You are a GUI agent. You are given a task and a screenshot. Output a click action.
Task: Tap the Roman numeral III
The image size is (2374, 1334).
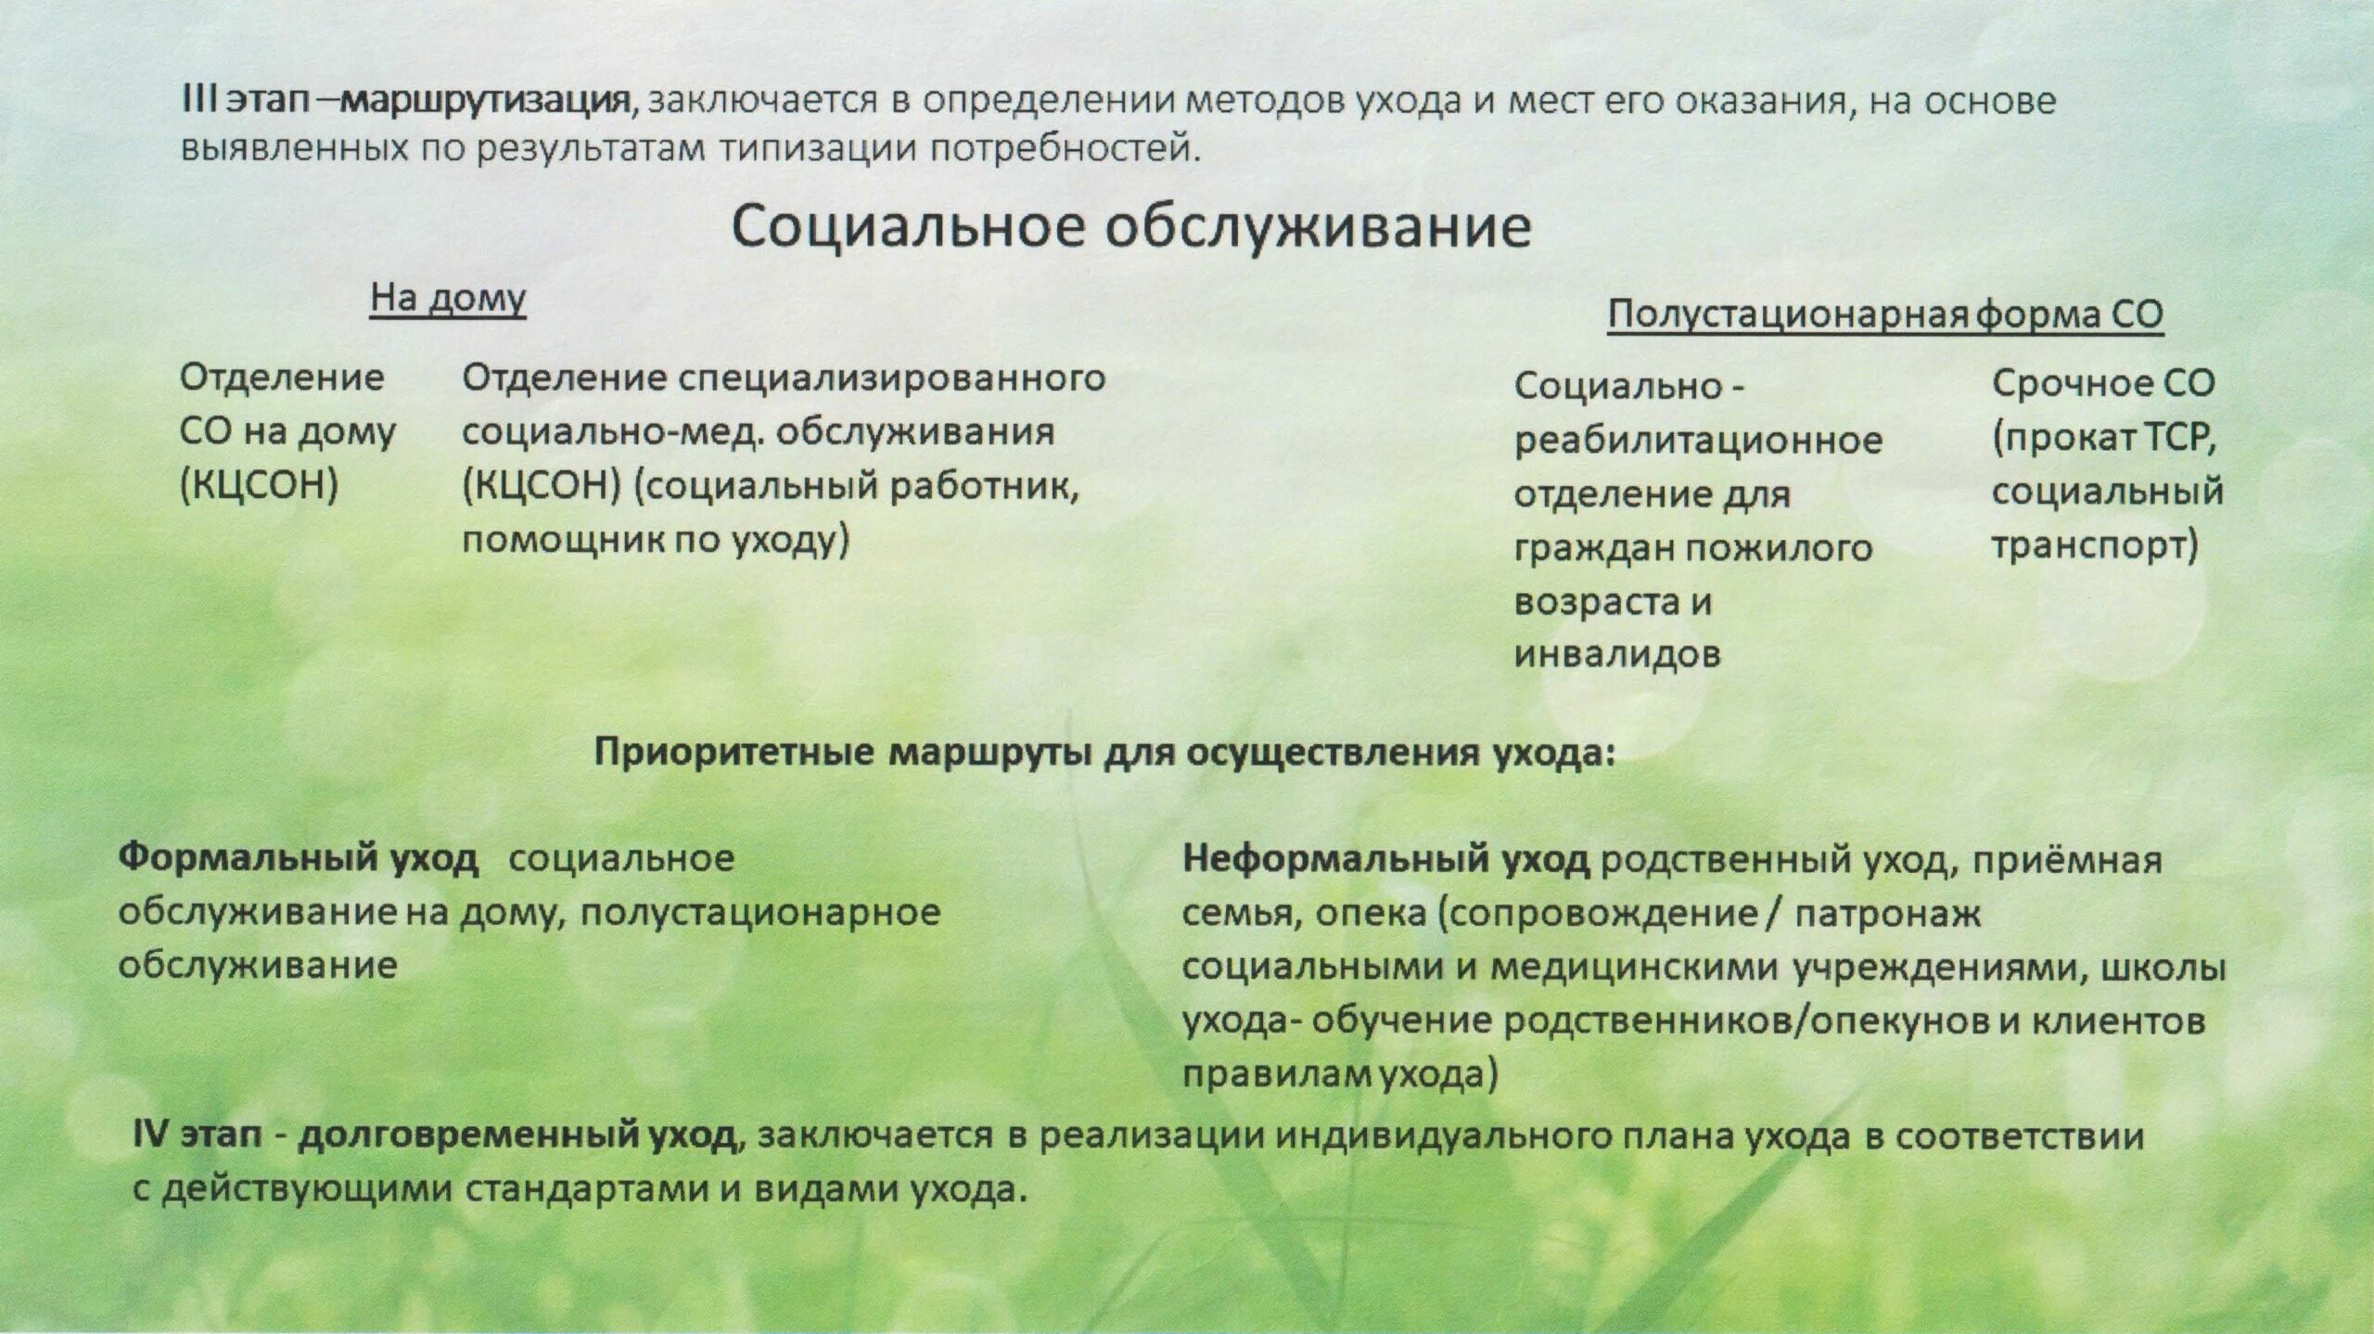198,100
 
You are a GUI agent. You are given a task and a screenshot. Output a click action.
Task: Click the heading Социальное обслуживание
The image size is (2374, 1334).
1131,227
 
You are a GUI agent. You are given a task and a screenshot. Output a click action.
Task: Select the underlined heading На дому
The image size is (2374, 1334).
448,300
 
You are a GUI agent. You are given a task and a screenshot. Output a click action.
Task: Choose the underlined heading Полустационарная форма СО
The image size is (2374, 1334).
1885,315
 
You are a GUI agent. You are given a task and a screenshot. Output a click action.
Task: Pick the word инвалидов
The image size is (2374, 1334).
1617,655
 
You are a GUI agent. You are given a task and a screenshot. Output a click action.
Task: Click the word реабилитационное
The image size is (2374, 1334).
1698,439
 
